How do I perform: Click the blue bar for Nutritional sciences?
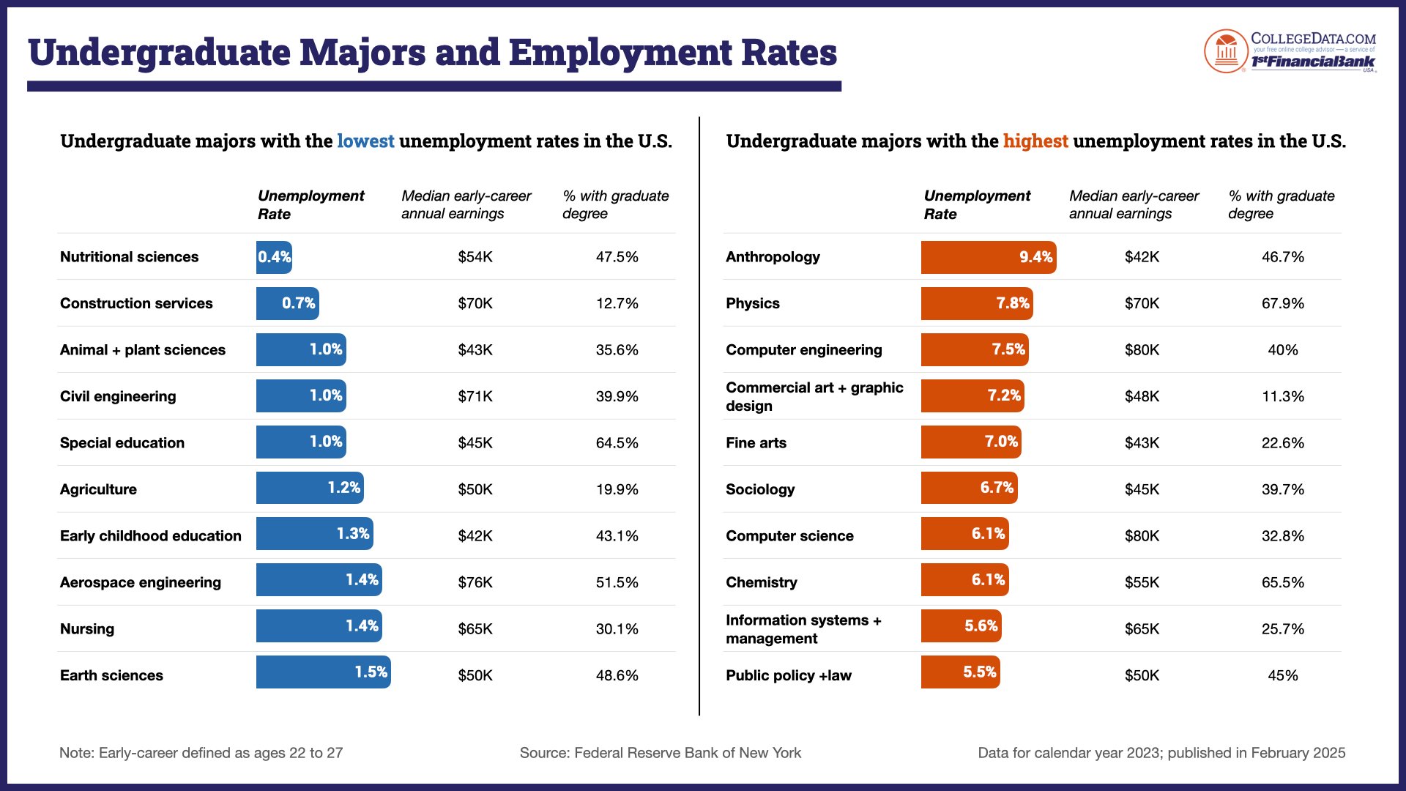point(274,257)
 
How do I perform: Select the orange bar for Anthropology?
point(988,257)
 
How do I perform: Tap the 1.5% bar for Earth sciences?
point(323,672)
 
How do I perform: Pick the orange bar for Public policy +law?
point(960,672)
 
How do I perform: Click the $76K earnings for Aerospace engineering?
point(475,582)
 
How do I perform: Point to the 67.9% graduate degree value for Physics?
point(1282,303)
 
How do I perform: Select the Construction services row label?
point(136,303)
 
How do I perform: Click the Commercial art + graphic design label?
point(814,396)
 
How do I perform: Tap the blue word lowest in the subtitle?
point(365,141)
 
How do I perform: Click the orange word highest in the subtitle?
point(1035,141)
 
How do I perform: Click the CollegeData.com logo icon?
point(1225,51)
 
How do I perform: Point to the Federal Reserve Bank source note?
point(660,753)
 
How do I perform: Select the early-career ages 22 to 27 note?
point(201,753)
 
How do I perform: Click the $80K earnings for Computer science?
point(1142,535)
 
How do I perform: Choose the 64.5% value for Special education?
point(617,443)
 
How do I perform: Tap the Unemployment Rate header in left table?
point(310,204)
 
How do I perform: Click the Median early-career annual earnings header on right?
point(1133,204)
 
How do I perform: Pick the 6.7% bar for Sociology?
point(969,488)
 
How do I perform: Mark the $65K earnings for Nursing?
point(475,628)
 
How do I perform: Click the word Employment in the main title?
point(620,53)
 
